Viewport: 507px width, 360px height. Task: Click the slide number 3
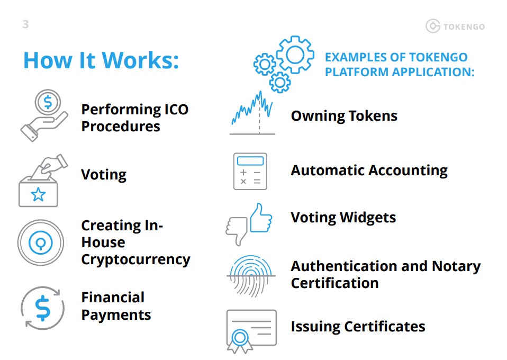tap(26, 24)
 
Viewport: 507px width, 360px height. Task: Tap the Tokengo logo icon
tap(432, 26)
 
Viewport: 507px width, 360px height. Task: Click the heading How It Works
tap(101, 60)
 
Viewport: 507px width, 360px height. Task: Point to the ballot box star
tap(38, 195)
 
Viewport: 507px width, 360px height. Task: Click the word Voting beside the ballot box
tap(104, 175)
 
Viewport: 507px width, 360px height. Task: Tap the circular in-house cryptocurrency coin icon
tap(41, 242)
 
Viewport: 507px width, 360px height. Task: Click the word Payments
tap(116, 314)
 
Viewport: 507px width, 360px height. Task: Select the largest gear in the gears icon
tap(295, 54)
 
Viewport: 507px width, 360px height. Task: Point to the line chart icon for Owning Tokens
tap(252, 112)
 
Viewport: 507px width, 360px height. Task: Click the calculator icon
tap(250, 171)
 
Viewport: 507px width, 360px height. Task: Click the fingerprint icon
tap(251, 275)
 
